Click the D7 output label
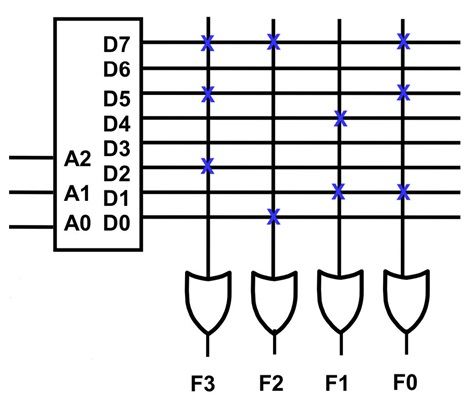pyautogui.click(x=116, y=44)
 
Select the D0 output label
pyautogui.click(x=116, y=223)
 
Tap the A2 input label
pyautogui.click(x=77, y=159)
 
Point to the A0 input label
pyautogui.click(x=77, y=223)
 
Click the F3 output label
pyautogui.click(x=203, y=383)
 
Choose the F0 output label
pyautogui.click(x=405, y=382)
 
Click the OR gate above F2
pyautogui.click(x=274, y=302)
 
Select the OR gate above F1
pyautogui.click(x=340, y=301)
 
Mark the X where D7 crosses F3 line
pyautogui.click(x=207, y=43)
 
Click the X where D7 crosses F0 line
pyautogui.click(x=403, y=42)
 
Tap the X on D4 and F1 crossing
pyautogui.click(x=341, y=119)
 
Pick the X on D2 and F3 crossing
pyautogui.click(x=207, y=166)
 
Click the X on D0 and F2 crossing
pyautogui.click(x=273, y=217)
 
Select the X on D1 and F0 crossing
pyautogui.click(x=403, y=192)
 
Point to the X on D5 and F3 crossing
pyautogui.click(x=207, y=94)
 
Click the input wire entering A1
pyautogui.click(x=32, y=192)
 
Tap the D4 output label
pyautogui.click(x=116, y=124)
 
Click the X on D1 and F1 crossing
pyautogui.click(x=338, y=192)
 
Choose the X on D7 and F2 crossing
pyautogui.click(x=273, y=42)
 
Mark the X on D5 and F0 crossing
pyautogui.click(x=403, y=92)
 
